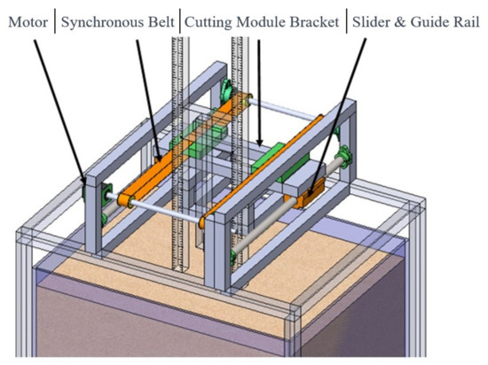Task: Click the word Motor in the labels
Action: (x=27, y=19)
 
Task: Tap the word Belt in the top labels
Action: (x=160, y=19)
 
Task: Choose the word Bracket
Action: (x=317, y=19)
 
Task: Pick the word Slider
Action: (x=374, y=19)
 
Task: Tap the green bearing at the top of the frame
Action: (x=226, y=89)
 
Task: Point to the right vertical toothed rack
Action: (x=240, y=62)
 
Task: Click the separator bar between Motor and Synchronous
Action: (x=54, y=19)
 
